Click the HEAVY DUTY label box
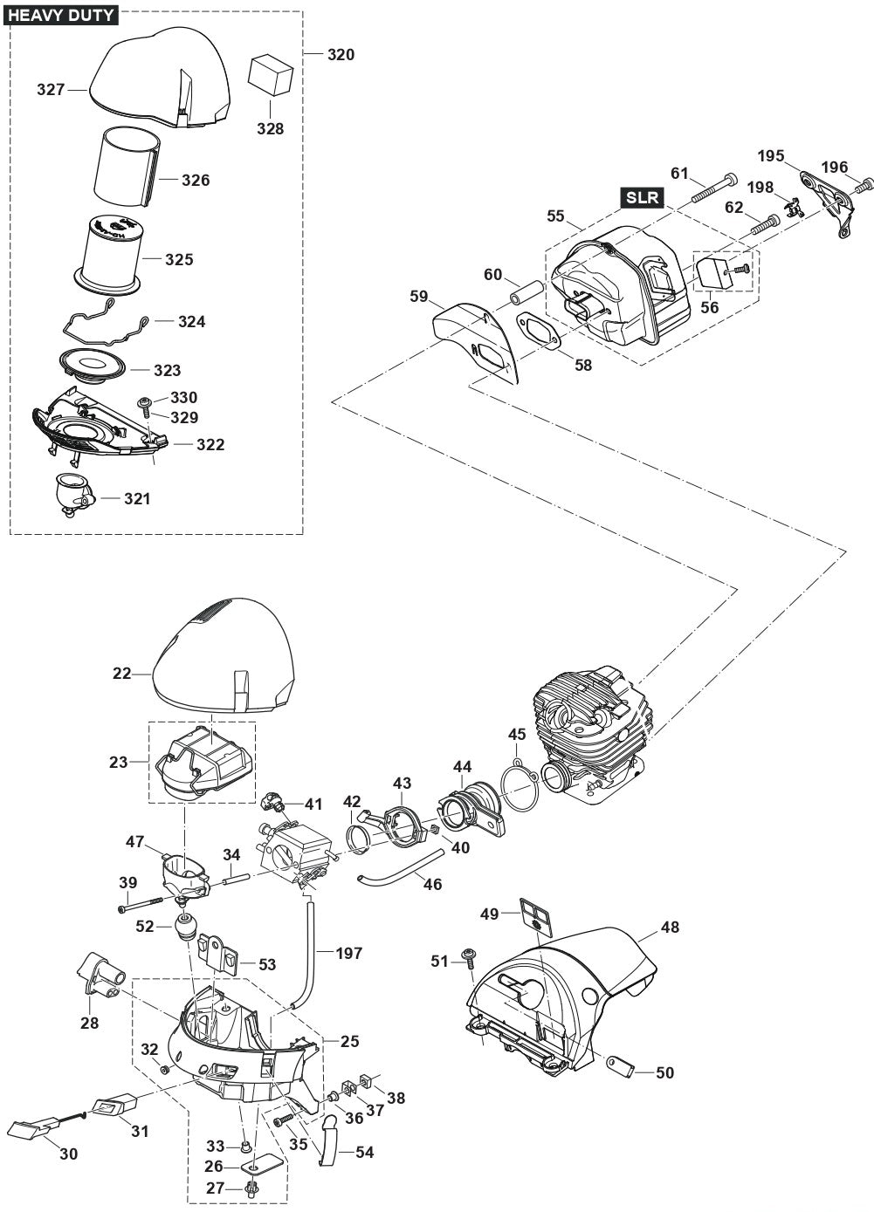coord(61,15)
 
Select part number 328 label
coord(271,128)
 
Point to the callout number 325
coord(179,259)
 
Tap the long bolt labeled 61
coord(713,189)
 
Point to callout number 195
coord(771,157)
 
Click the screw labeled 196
coord(865,185)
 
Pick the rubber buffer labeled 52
coord(185,927)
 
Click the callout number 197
coord(349,954)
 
